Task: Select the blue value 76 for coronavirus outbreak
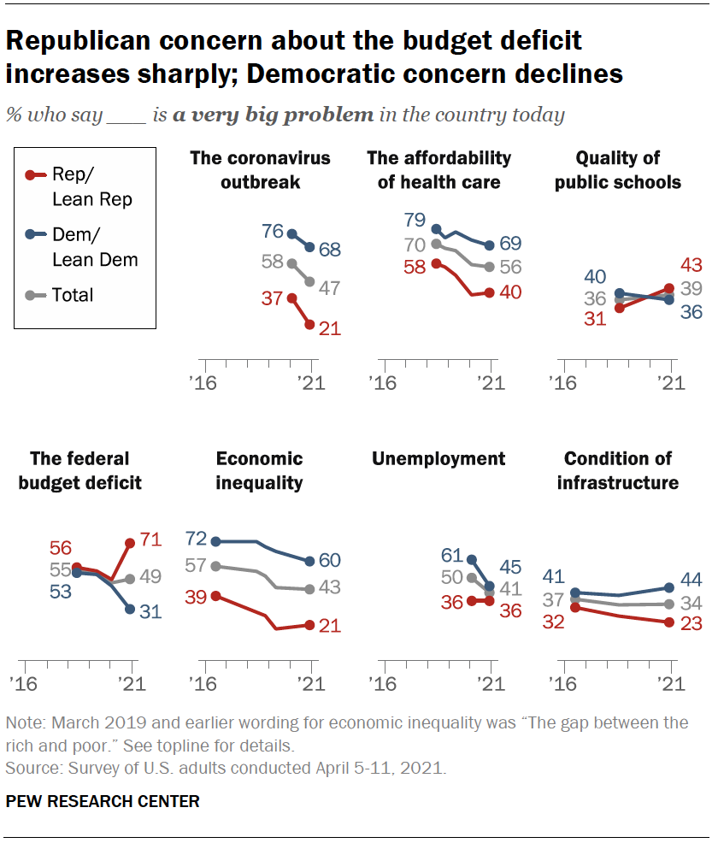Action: [x=273, y=231]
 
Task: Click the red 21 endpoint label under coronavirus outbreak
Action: [x=329, y=327]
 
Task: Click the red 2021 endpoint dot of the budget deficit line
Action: [x=130, y=543]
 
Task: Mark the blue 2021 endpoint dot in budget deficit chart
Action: [x=130, y=609]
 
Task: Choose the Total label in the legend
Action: [x=73, y=295]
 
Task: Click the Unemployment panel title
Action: [x=438, y=459]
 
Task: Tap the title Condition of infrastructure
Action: [x=617, y=471]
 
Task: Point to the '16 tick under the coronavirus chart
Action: [x=203, y=383]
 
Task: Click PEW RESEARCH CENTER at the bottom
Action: [x=103, y=801]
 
